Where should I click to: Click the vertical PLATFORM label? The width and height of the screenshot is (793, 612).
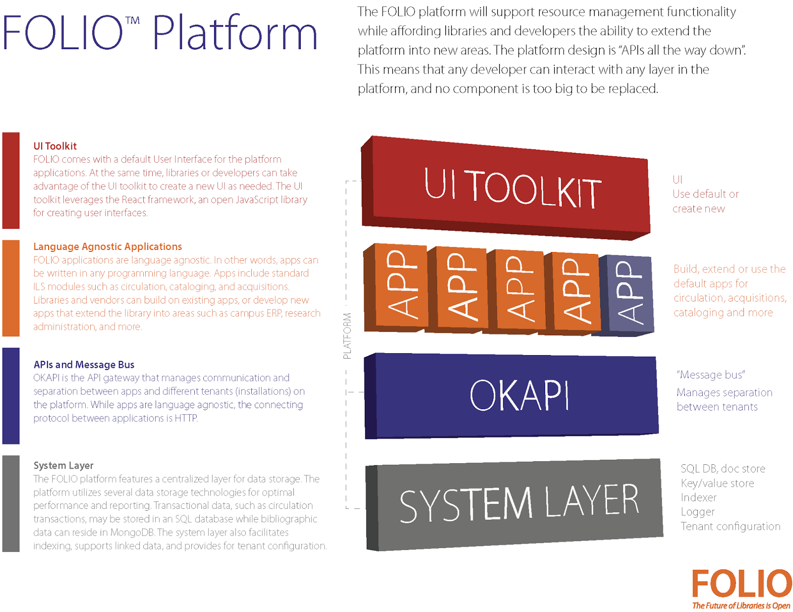pyautogui.click(x=347, y=336)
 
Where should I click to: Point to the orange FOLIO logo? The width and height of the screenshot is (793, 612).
pyautogui.click(x=741, y=584)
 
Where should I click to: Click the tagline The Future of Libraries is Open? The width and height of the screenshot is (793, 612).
pyautogui.click(x=741, y=606)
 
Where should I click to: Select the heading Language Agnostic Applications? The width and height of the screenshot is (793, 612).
pyautogui.click(x=108, y=246)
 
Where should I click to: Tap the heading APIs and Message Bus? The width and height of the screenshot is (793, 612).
pyautogui.click(x=84, y=365)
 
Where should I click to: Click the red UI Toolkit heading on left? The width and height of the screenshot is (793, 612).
pyautogui.click(x=55, y=146)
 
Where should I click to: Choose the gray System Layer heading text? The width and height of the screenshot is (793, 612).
pyautogui.click(x=63, y=465)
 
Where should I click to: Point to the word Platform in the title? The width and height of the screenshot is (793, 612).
pyautogui.click(x=234, y=34)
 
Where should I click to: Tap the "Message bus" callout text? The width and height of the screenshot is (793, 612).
pyautogui.click(x=711, y=375)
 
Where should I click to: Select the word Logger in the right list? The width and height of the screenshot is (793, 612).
pyautogui.click(x=697, y=512)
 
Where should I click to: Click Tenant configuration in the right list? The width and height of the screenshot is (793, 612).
pyautogui.click(x=730, y=526)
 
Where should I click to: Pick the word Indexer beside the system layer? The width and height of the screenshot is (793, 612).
pyautogui.click(x=698, y=497)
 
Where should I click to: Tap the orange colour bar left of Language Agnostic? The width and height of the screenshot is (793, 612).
pyautogui.click(x=11, y=288)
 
